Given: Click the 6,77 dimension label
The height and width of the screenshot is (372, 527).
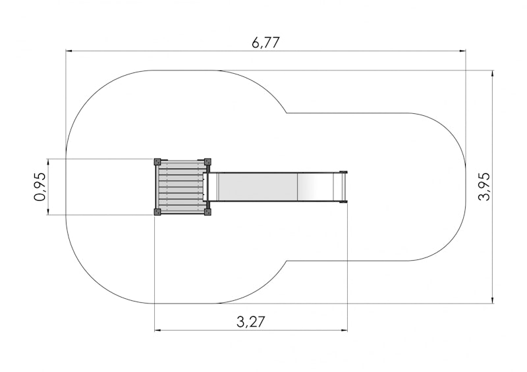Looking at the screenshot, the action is pyautogui.click(x=265, y=43).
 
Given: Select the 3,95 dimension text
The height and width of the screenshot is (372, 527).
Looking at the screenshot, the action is pyautogui.click(x=484, y=187).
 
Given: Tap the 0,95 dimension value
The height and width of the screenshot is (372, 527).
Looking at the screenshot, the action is pyautogui.click(x=40, y=187).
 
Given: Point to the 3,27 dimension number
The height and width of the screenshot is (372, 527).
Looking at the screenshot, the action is pyautogui.click(x=251, y=322).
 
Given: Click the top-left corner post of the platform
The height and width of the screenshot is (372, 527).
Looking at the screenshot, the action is pyautogui.click(x=157, y=162).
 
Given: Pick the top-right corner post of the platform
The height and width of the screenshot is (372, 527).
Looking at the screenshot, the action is pyautogui.click(x=208, y=162).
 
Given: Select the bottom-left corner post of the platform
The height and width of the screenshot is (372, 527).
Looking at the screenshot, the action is pyautogui.click(x=157, y=212).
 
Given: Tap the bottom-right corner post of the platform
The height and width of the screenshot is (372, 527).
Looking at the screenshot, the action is pyautogui.click(x=208, y=212).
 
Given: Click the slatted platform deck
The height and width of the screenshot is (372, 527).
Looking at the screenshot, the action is pyautogui.click(x=182, y=187).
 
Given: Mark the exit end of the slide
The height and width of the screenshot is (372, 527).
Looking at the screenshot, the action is pyautogui.click(x=343, y=187).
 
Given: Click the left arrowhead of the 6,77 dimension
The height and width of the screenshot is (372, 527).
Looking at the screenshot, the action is pyautogui.click(x=69, y=51).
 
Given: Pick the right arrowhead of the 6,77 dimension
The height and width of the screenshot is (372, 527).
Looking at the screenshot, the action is pyautogui.click(x=462, y=51).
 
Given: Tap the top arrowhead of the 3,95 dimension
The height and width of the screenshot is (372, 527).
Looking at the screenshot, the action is pyautogui.click(x=492, y=74).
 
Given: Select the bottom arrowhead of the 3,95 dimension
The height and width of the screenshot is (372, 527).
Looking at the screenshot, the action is pyautogui.click(x=492, y=300).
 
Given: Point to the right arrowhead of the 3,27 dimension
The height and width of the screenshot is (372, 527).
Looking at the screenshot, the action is pyautogui.click(x=344, y=331).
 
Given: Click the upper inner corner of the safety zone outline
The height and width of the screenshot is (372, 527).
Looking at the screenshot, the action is pyautogui.click(x=287, y=113).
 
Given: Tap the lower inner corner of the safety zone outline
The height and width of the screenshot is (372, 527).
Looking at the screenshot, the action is pyautogui.click(x=287, y=261).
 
